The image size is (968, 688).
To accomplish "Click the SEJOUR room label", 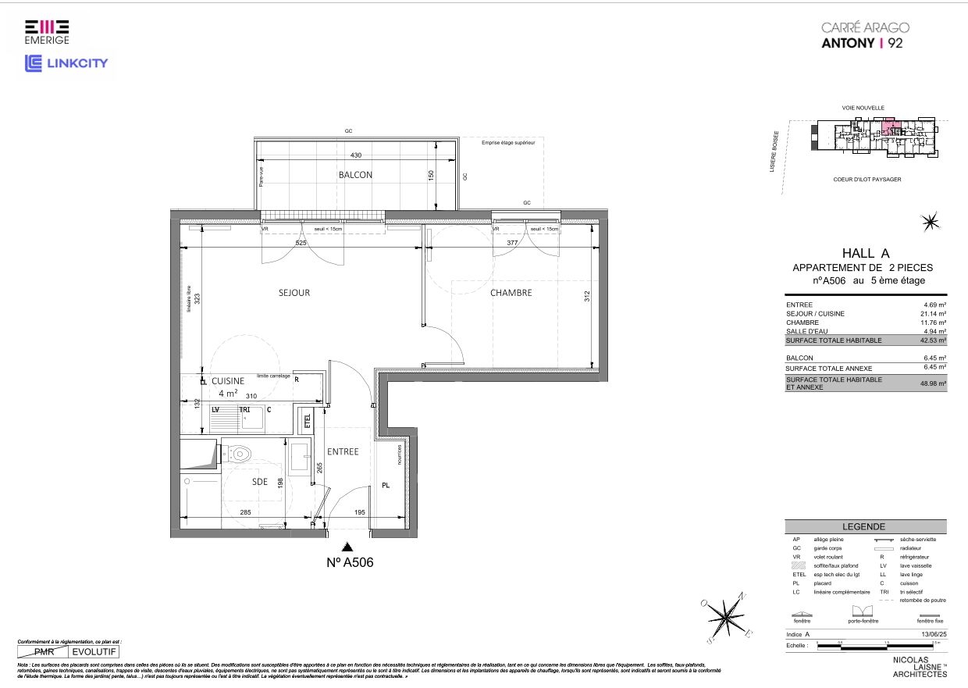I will point(294,293).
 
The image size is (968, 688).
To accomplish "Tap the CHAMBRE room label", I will point(511,293).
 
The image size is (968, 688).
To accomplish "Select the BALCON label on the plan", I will point(355,175).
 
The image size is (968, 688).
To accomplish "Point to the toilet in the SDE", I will point(239,453).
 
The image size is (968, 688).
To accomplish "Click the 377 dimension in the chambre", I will point(512,243).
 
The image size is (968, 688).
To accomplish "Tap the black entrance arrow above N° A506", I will point(347,548).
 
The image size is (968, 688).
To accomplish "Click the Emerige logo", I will point(46,30).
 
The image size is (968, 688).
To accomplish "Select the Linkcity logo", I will point(66,63).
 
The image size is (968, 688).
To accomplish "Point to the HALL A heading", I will point(865,253).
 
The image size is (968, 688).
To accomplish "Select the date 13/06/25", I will point(932,635).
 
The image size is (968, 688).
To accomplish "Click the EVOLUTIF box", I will point(94,651).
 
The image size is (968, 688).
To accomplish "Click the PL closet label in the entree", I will point(386,485).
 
